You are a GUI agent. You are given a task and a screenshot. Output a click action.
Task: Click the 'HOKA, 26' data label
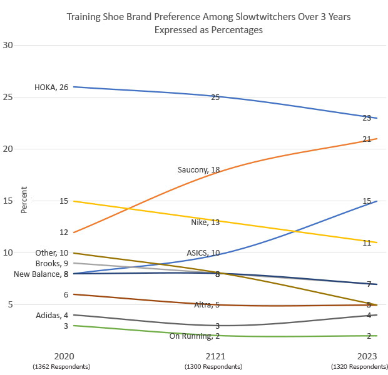click(51, 87)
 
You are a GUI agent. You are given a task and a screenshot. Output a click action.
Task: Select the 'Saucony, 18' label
click(198, 169)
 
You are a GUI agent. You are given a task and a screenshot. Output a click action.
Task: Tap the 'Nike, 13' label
click(205, 222)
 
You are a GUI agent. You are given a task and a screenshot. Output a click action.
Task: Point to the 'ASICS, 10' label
click(203, 253)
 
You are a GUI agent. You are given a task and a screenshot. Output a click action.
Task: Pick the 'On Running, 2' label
click(195, 336)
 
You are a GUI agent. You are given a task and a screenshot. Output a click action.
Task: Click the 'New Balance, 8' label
click(41, 274)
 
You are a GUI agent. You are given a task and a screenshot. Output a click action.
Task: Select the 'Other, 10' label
click(52, 252)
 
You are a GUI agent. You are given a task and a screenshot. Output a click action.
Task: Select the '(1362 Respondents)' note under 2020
click(61, 366)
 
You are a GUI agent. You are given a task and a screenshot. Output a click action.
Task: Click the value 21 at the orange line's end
click(367, 139)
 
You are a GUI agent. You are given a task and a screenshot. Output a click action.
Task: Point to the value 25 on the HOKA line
click(215, 97)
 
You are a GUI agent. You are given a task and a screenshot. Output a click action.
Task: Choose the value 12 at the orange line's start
click(64, 232)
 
